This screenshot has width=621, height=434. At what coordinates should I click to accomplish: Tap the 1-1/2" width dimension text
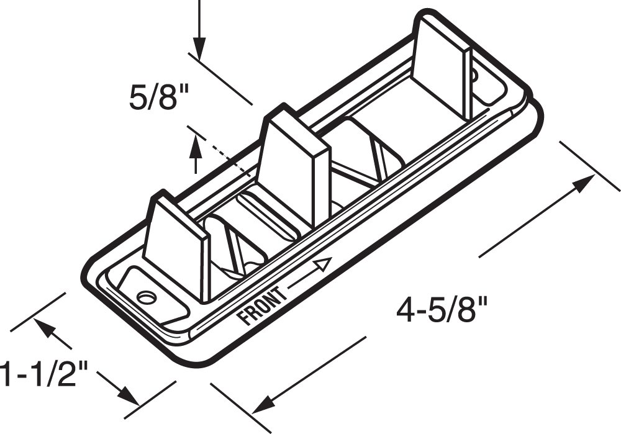43,374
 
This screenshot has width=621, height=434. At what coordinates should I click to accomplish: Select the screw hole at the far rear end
474,76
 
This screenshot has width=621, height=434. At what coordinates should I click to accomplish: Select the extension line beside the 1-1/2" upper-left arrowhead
37,310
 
